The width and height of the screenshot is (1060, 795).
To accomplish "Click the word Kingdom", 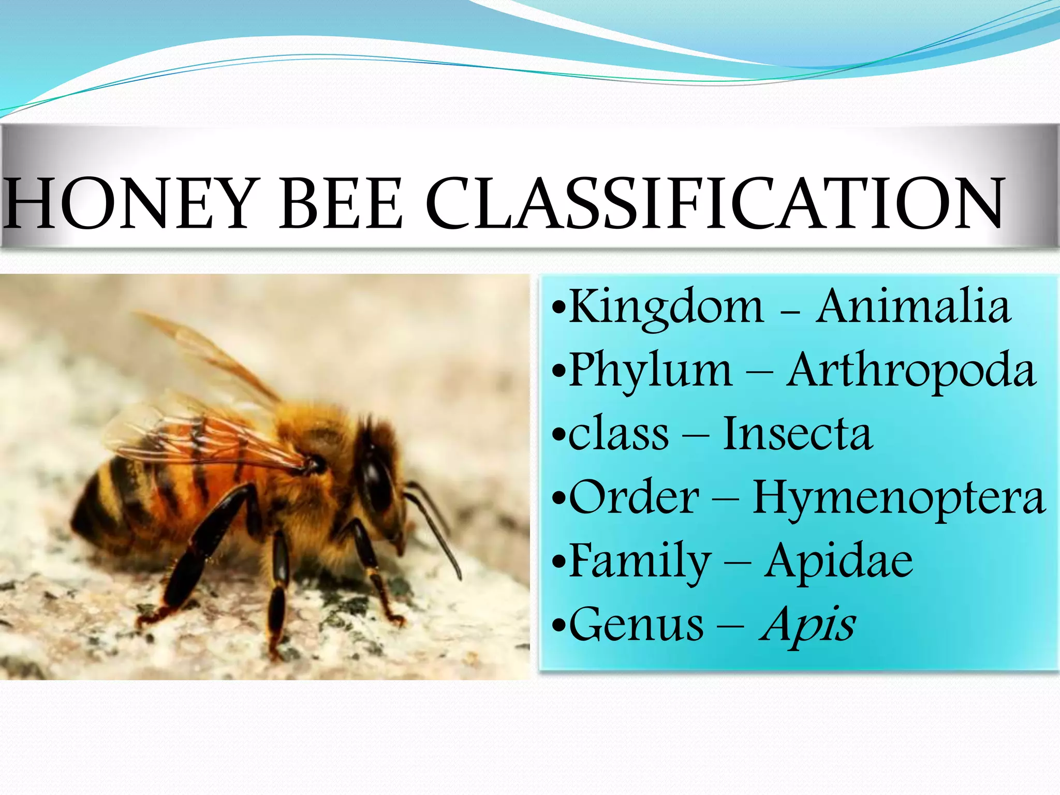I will click(666, 307).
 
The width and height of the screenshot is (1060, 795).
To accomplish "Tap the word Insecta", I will click(798, 434).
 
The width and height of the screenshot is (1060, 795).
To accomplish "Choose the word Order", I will click(634, 497).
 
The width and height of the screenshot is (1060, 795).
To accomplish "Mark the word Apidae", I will click(838, 561).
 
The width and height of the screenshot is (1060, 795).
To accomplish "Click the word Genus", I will click(636, 624).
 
